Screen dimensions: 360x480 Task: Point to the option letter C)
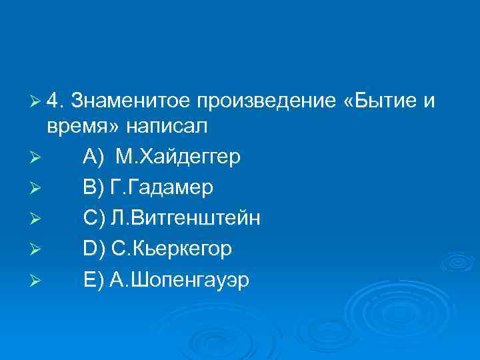click(94, 219)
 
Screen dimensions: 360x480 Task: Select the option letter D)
click(94, 249)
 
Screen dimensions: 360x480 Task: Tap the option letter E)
click(94, 280)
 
